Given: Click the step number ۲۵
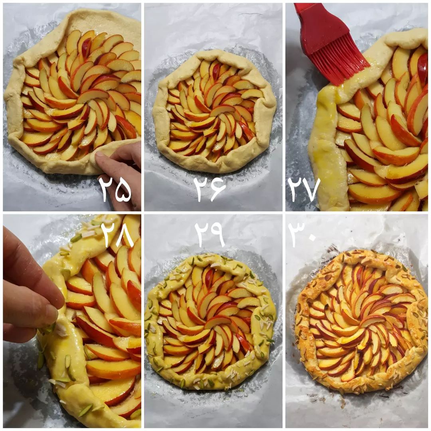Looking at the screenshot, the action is coord(115,190).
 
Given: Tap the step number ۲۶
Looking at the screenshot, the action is coord(210,189).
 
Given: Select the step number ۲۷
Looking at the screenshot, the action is coord(304,189).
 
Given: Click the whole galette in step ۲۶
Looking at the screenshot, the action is coord(214,111).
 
